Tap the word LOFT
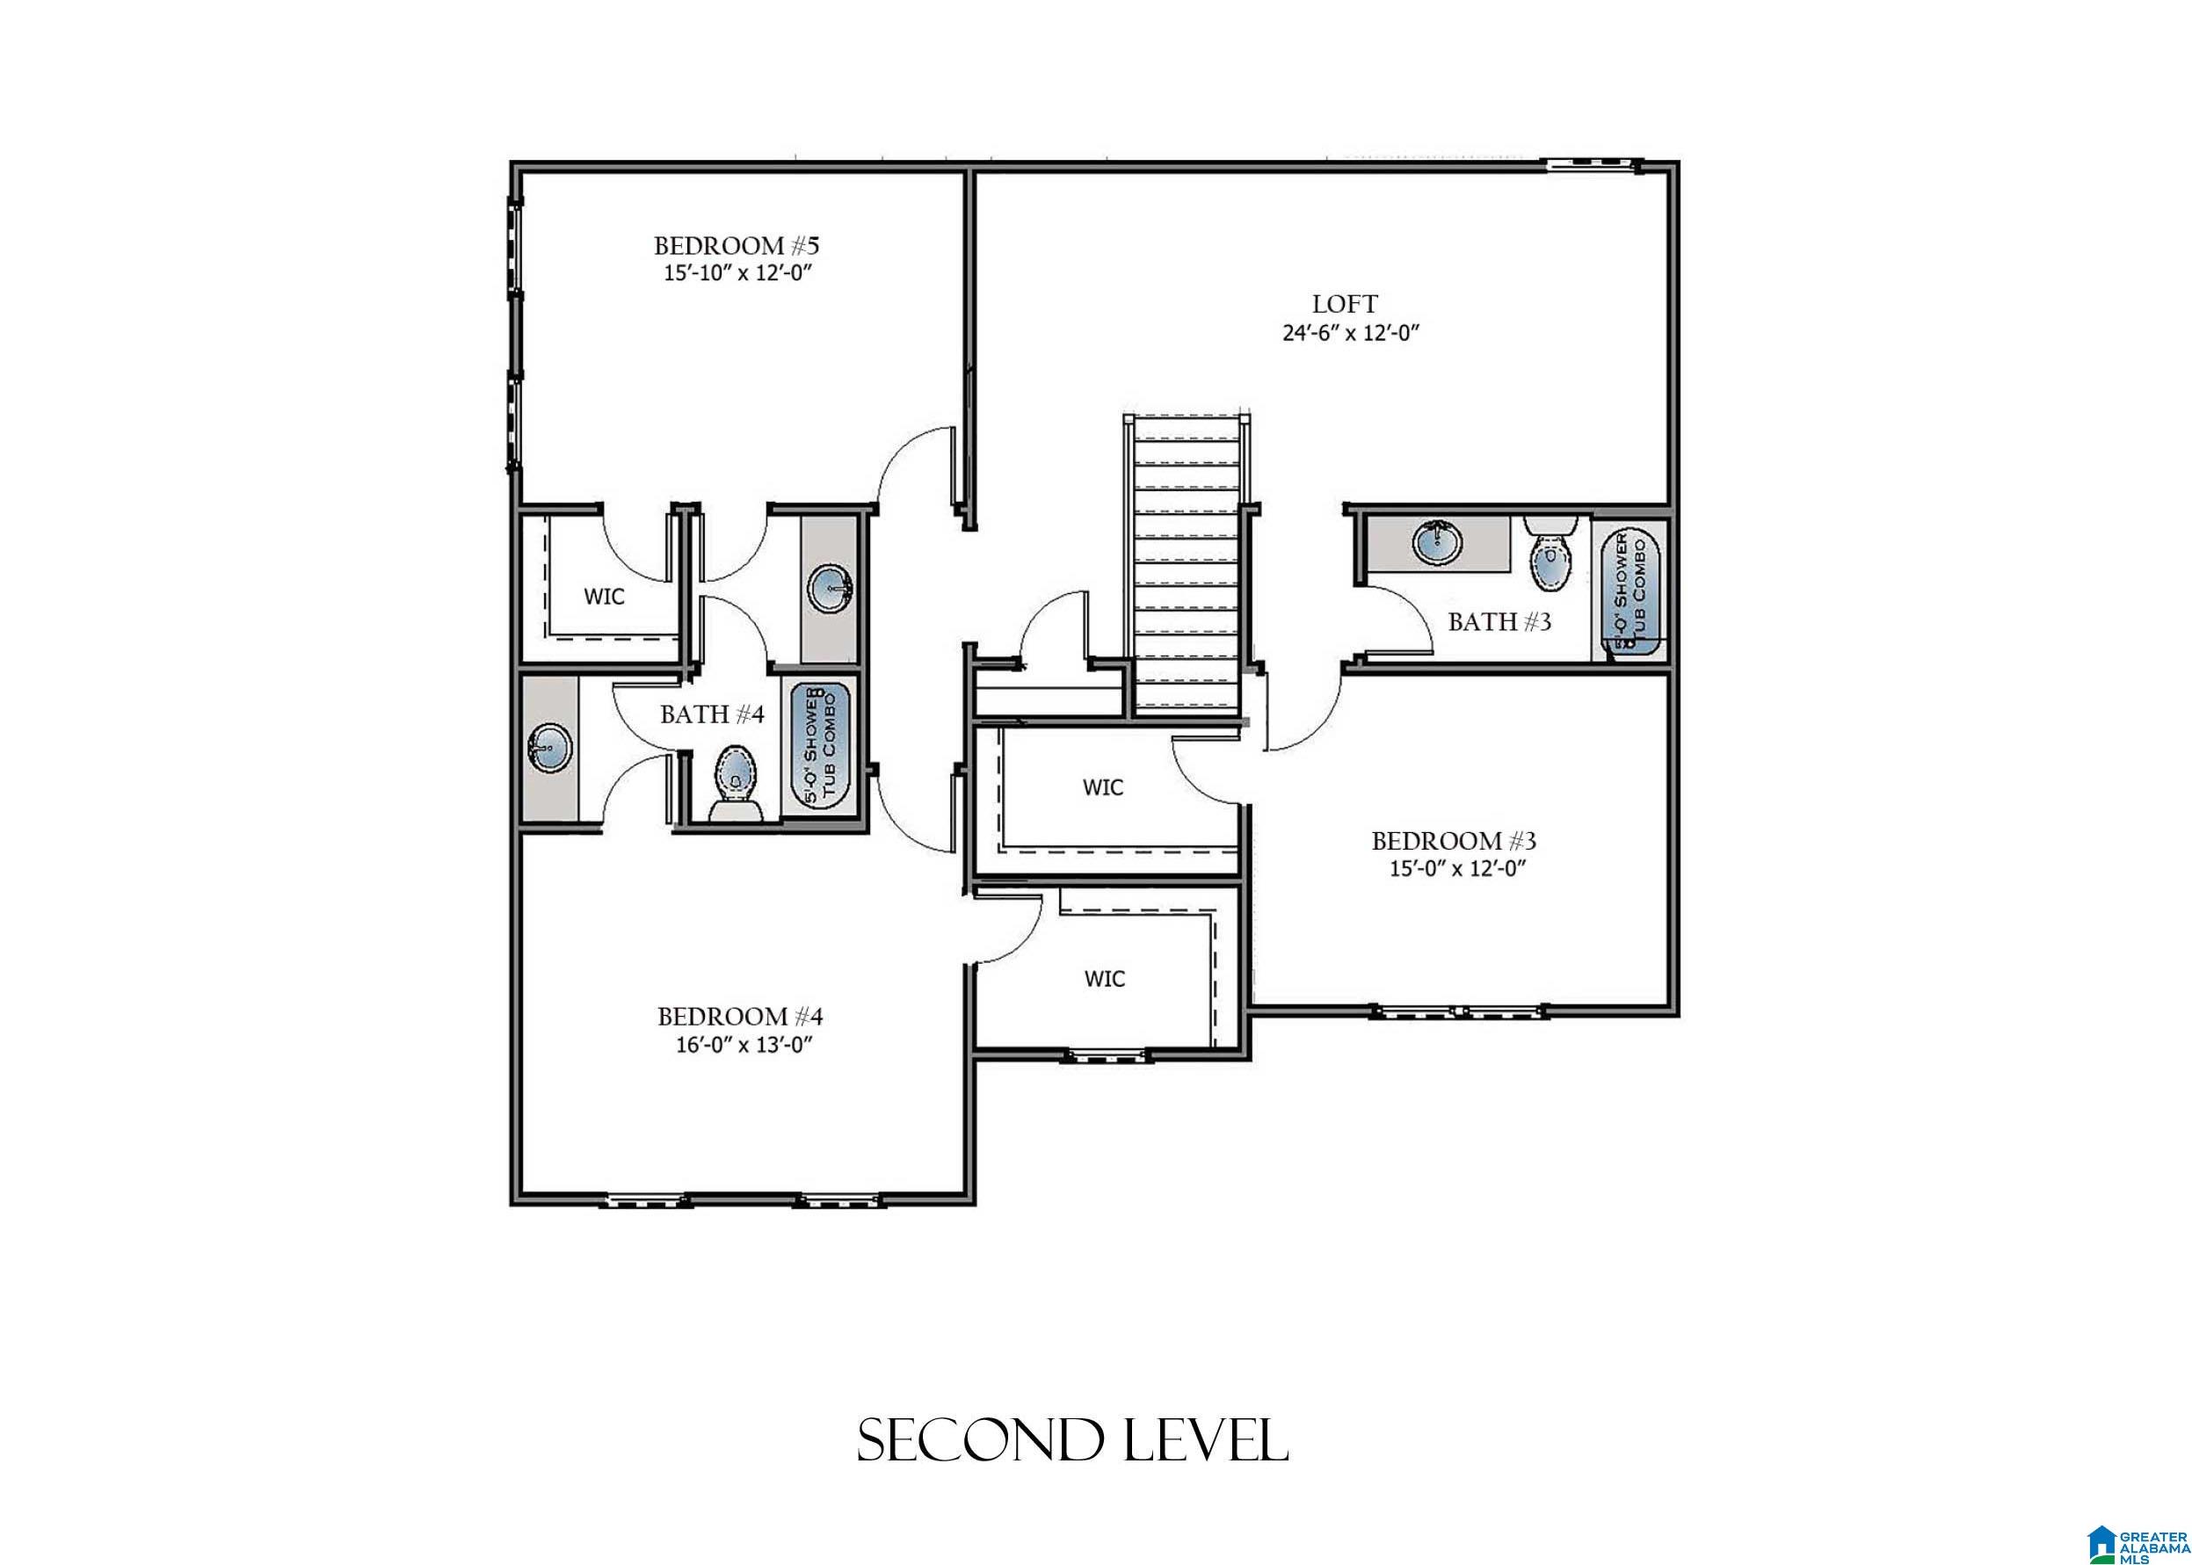(1345, 303)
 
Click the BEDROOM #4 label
(739, 1016)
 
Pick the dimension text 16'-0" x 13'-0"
(739, 1046)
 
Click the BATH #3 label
(1500, 621)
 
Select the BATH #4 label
(711, 714)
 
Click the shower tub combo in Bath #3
(1632, 590)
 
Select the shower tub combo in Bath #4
(821, 748)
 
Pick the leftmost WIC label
(605, 597)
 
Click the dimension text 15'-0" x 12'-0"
(1455, 868)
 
